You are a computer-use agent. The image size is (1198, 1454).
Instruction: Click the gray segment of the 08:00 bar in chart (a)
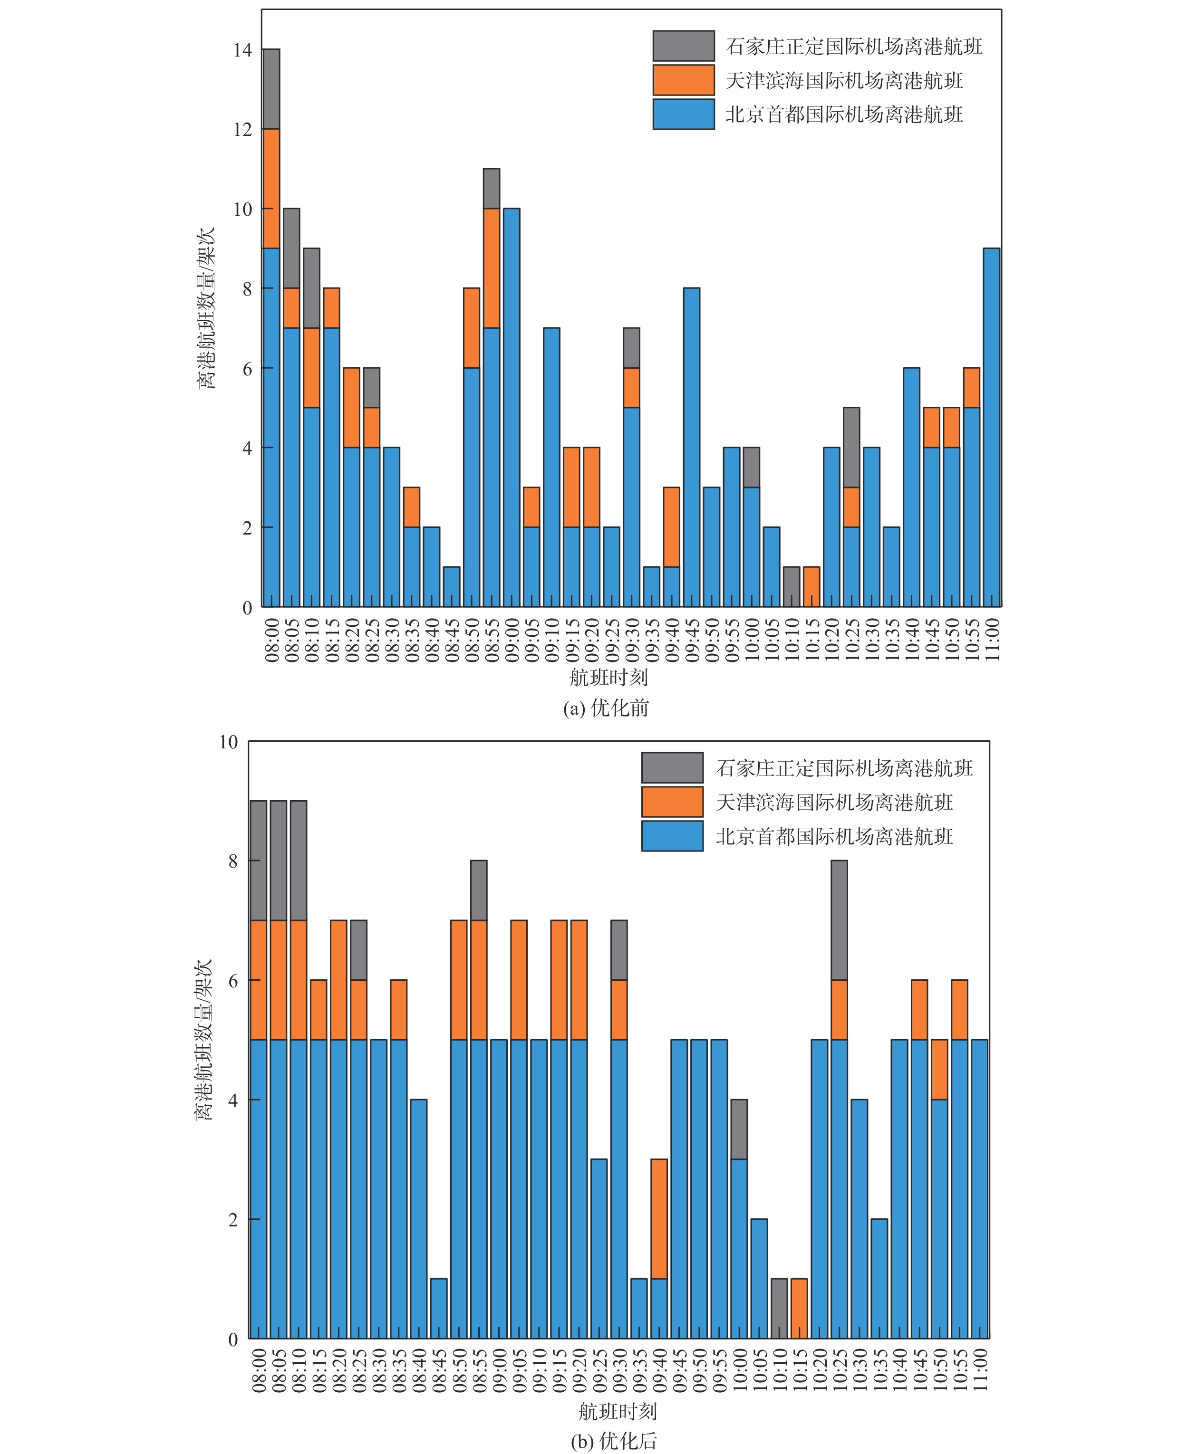click(271, 89)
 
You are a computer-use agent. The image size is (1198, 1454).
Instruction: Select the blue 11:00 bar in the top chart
click(991, 428)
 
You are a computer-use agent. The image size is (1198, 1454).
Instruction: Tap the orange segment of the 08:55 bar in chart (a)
click(492, 268)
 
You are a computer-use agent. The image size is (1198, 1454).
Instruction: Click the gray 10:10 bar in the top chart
click(792, 587)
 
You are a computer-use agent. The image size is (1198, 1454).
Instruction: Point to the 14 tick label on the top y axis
click(243, 50)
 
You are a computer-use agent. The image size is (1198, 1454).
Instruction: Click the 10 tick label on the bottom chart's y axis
click(228, 742)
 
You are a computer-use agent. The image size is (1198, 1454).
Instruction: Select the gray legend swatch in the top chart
click(683, 46)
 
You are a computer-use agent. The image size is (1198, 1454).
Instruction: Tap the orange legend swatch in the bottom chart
click(672, 802)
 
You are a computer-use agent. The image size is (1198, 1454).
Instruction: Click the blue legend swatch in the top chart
click(683, 115)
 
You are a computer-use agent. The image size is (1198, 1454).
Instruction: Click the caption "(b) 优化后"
click(613, 1441)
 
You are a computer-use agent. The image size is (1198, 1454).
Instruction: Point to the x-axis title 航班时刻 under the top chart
click(609, 677)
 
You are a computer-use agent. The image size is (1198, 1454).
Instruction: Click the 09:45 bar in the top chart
click(692, 448)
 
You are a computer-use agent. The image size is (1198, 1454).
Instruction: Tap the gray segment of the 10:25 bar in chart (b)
click(839, 920)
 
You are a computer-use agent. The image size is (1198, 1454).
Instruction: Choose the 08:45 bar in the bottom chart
click(439, 1309)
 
